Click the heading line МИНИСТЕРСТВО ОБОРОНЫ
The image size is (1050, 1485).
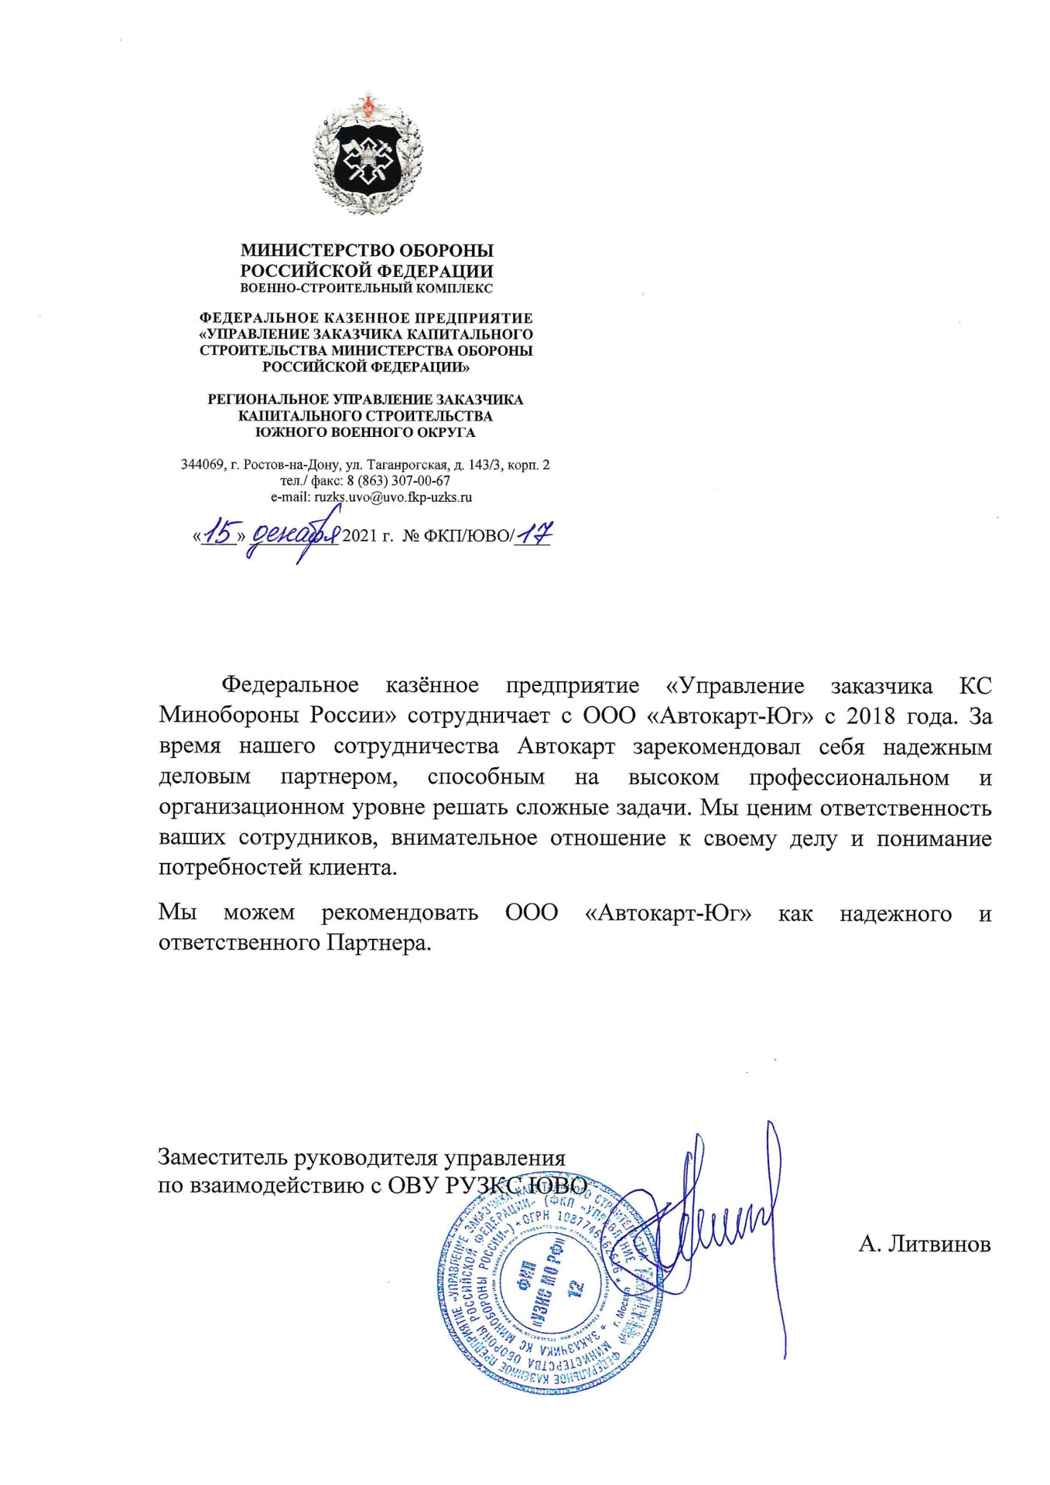click(x=367, y=251)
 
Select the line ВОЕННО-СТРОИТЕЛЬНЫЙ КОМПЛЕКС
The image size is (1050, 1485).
click(x=366, y=288)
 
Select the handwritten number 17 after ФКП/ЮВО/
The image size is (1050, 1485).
click(x=535, y=533)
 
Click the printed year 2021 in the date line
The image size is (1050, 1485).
click(x=359, y=536)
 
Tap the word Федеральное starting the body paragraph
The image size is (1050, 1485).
click(x=290, y=686)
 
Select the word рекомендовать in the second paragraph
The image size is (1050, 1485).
click(x=400, y=913)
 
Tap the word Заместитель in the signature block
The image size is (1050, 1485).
click(x=222, y=1158)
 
